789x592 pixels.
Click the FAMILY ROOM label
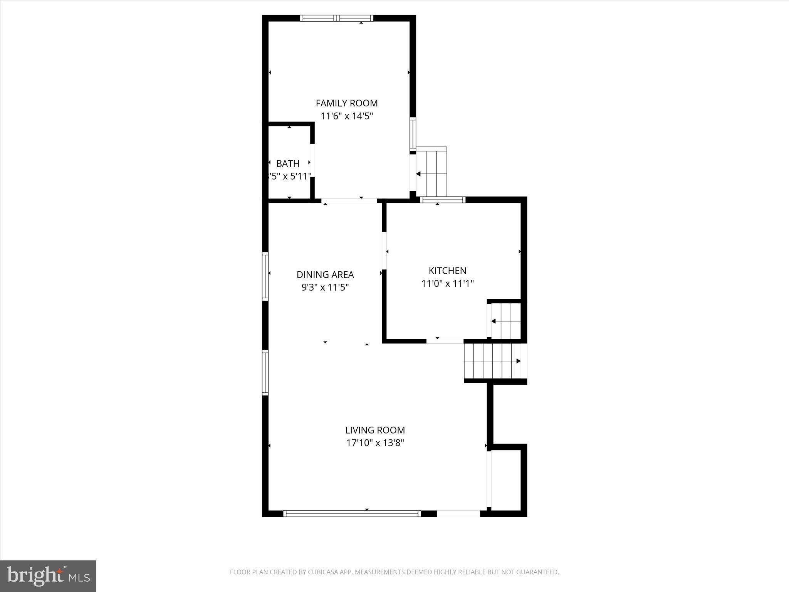[x=346, y=103]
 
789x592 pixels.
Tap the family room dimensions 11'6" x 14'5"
[x=346, y=116]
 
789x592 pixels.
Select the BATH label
[x=288, y=163]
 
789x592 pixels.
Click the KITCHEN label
[x=447, y=271]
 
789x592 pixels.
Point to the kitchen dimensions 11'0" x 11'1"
[x=447, y=284]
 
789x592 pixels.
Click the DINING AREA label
[x=325, y=274]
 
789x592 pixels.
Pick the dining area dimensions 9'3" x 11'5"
[x=325, y=287]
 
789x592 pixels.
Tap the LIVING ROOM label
[x=375, y=430]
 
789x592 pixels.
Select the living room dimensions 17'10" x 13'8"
[x=375, y=443]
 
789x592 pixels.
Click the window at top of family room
[x=337, y=18]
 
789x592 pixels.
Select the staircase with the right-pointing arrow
[x=493, y=361]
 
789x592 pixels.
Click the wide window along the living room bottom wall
[x=352, y=513]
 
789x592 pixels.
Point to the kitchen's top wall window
[x=442, y=200]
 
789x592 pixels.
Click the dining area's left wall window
[x=265, y=276]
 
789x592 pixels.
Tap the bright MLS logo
[x=48, y=576]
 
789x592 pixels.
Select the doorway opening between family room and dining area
[x=349, y=200]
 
